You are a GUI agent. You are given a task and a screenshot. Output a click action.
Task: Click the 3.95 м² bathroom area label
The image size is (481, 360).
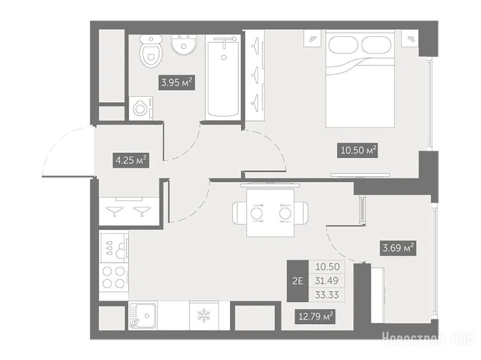[177, 83]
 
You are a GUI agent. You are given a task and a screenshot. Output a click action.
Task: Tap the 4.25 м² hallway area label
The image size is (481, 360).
[132, 161]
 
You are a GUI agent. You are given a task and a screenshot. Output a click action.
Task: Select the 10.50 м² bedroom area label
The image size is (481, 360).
[357, 150]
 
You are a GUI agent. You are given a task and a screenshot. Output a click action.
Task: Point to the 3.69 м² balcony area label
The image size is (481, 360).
[399, 247]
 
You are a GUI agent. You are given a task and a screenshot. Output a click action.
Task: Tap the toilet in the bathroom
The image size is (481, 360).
[151, 51]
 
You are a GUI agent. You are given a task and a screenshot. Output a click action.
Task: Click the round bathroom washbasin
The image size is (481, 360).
[184, 45]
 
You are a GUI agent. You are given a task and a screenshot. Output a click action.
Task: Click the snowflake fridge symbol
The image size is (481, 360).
[203, 316]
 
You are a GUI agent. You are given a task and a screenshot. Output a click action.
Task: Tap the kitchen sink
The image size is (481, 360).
[143, 315]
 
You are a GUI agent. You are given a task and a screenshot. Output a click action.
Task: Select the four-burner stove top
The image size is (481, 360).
[114, 277]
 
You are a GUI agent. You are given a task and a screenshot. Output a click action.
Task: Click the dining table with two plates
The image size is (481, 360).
[270, 213]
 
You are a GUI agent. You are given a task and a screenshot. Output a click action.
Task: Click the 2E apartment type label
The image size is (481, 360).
[297, 281]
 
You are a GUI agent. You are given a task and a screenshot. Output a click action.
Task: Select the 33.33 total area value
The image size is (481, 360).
[327, 295]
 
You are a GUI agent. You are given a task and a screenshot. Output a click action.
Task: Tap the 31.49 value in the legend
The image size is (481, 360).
[327, 281]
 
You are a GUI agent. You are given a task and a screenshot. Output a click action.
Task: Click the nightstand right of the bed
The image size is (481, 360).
[410, 38]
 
